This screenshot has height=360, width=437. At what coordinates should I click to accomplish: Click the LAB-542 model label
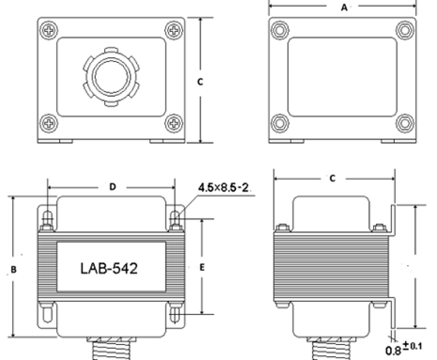point(109,269)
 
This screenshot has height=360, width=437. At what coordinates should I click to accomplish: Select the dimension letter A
point(344,8)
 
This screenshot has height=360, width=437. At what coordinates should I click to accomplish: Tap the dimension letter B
point(13,270)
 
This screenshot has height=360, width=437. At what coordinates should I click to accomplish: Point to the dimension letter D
point(113,187)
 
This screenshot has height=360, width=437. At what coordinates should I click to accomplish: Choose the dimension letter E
point(202,268)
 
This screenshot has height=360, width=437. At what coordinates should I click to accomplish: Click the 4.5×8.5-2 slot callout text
point(224,187)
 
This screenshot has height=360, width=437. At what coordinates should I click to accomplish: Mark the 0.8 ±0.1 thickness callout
point(404,349)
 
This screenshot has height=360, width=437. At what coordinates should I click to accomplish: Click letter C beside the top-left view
point(200,82)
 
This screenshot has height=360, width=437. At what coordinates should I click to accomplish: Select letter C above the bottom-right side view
point(333,179)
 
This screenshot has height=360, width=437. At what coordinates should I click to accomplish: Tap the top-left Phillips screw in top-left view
point(49,30)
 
